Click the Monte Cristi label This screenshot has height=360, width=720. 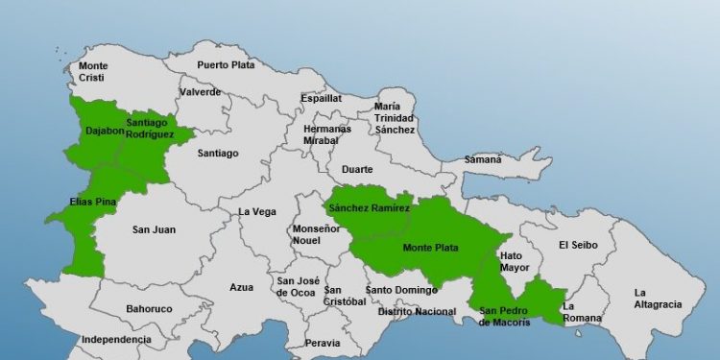click(x=93, y=72)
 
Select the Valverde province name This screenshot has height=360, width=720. click(x=200, y=92)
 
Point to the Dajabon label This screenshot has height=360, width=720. click(x=105, y=131)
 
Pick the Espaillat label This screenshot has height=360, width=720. click(x=321, y=98)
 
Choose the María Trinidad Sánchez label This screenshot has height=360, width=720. click(x=395, y=118)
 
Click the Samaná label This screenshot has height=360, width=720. click(x=483, y=159)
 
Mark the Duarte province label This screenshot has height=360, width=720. click(x=357, y=169)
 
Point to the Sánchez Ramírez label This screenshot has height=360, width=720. click(x=369, y=207)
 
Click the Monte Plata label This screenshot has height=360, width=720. click(x=430, y=248)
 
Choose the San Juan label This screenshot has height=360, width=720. click(x=154, y=229)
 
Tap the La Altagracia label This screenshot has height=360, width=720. click(x=657, y=299)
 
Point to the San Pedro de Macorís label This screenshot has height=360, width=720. click(x=504, y=316)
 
